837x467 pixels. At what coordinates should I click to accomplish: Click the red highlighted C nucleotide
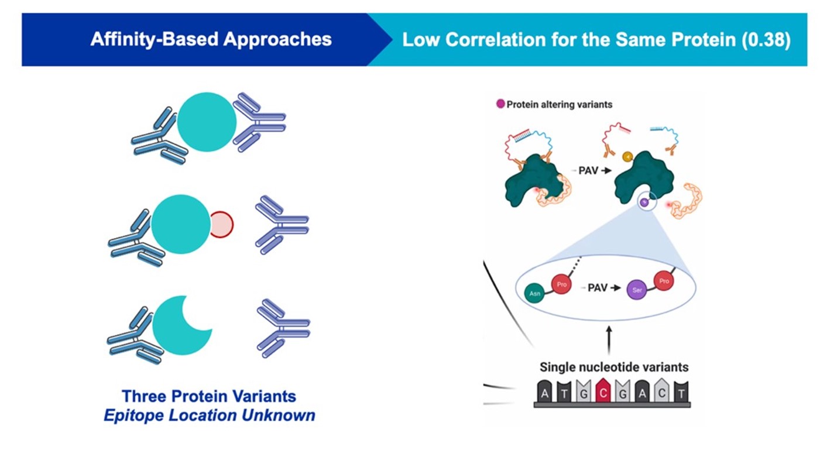click(603, 391)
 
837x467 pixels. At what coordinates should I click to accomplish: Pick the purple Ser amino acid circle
click(637, 290)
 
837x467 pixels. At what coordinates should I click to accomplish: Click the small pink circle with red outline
click(221, 225)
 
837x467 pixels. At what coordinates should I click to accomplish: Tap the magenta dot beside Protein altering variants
click(500, 104)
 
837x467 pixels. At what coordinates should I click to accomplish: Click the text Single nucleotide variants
click(613, 368)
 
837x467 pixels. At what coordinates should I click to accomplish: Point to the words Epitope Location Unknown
click(209, 416)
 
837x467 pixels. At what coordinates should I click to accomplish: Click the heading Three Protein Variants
click(209, 396)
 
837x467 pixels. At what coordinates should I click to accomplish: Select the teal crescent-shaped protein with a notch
click(179, 326)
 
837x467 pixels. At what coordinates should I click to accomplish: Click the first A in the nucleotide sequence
click(546, 392)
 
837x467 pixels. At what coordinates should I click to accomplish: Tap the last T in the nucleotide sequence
click(680, 392)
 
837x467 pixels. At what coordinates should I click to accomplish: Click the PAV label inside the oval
click(597, 288)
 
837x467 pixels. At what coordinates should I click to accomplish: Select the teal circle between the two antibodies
click(207, 122)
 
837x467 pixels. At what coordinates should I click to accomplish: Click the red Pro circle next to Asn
click(562, 283)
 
